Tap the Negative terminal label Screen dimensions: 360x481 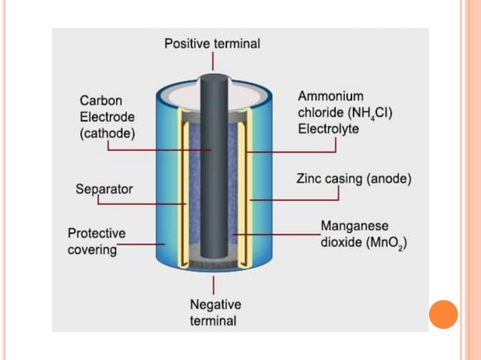tap(215, 313)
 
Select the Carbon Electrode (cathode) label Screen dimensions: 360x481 tap(107, 117)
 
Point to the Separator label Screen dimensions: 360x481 tap(104, 188)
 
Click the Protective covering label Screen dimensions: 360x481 tap(97, 241)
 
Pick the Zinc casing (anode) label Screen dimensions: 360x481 tap(353, 179)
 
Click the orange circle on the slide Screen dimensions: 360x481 tap(443, 314)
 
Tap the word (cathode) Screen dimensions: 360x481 tap(107, 134)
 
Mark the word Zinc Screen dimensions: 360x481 tap(308, 179)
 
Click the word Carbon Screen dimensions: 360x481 tap(100, 100)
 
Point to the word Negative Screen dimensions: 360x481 tap(215, 304)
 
